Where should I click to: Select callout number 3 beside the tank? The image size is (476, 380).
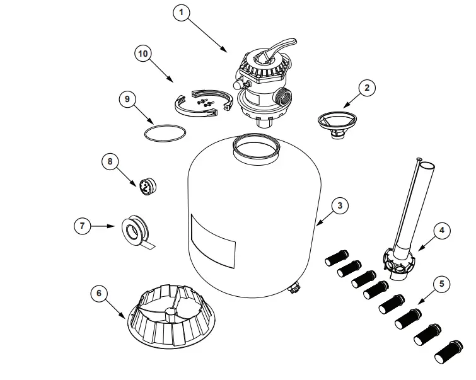[339, 205]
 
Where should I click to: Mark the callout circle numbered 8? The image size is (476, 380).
[111, 162]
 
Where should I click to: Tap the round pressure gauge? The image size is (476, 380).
[146, 187]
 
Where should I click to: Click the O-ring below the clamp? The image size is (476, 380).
[166, 134]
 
